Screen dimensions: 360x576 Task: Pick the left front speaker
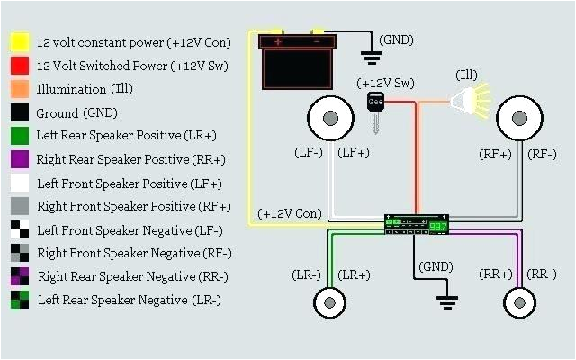click(x=329, y=118)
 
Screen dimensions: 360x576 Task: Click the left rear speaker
click(x=330, y=301)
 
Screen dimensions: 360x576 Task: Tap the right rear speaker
click(x=519, y=301)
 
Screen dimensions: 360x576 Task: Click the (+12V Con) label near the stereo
click(x=289, y=214)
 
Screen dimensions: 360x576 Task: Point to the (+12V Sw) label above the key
click(x=384, y=83)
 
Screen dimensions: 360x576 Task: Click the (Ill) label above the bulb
click(x=467, y=74)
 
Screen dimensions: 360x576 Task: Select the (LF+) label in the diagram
click(x=353, y=153)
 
